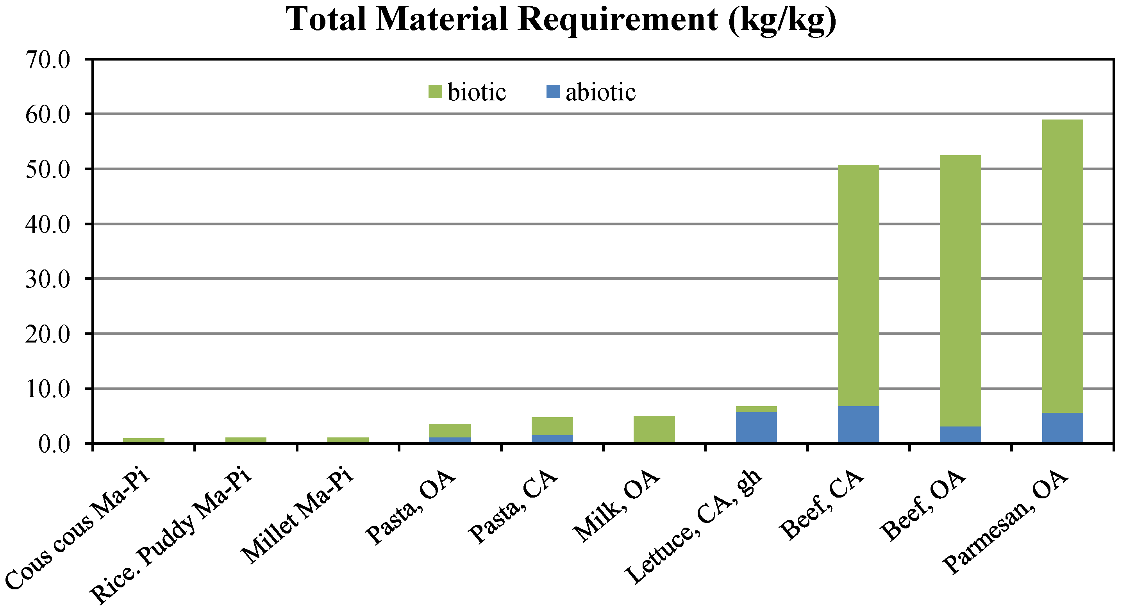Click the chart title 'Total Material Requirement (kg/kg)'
point(561,19)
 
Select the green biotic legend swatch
point(435,92)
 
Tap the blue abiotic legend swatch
point(553,92)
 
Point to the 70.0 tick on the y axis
point(48,60)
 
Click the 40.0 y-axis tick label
point(48,225)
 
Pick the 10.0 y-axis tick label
point(48,389)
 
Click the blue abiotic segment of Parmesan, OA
point(1062,428)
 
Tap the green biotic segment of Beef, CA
point(858,284)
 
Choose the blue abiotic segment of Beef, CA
point(858,424)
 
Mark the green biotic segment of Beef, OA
point(960,289)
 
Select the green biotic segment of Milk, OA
point(654,429)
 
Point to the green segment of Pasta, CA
point(552,426)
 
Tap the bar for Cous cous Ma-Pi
point(143,441)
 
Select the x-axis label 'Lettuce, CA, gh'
point(693,527)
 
